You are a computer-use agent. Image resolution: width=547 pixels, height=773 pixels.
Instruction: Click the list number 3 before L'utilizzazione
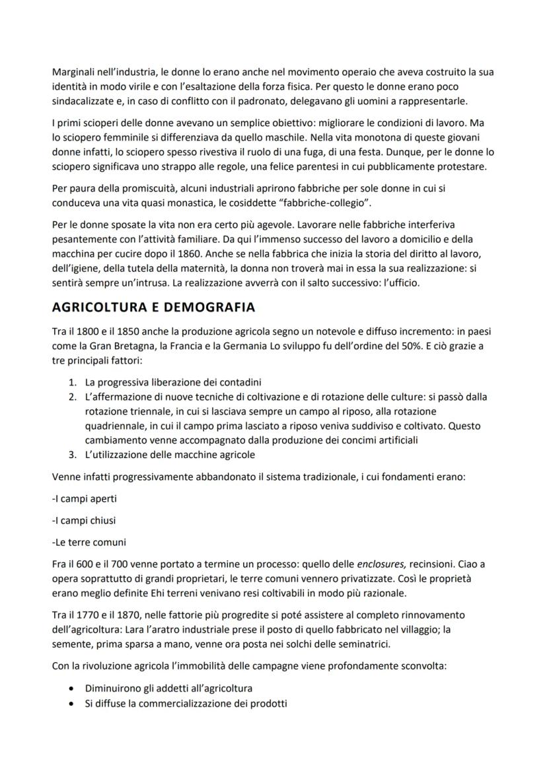[72, 455]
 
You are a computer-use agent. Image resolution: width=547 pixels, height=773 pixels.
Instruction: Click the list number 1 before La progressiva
[72, 382]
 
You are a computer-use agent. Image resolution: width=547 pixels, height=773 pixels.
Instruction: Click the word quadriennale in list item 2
[113, 426]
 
